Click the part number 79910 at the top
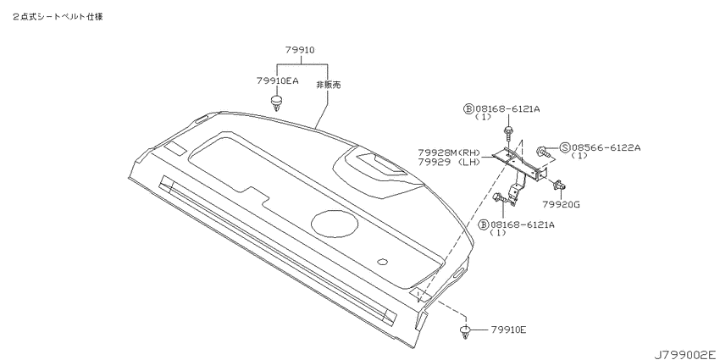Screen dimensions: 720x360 pyautogui.click(x=300, y=50)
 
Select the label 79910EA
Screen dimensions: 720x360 pyautogui.click(x=277, y=80)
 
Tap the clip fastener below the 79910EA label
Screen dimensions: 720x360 pyautogui.click(x=276, y=102)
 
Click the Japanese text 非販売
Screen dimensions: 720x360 pyautogui.click(x=329, y=85)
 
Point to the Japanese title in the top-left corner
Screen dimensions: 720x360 pyautogui.click(x=58, y=17)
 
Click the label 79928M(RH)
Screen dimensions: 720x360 pyautogui.click(x=449, y=152)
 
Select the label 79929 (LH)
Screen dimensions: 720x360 pyautogui.click(x=449, y=161)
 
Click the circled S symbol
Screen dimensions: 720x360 pyautogui.click(x=565, y=147)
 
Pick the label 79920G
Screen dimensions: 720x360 pyautogui.click(x=561, y=205)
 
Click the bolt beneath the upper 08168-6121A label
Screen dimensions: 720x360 pyautogui.click(x=508, y=133)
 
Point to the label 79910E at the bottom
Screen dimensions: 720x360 pyautogui.click(x=508, y=330)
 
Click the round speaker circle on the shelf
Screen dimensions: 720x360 pyautogui.click(x=335, y=223)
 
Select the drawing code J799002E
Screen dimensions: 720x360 pyautogui.click(x=685, y=354)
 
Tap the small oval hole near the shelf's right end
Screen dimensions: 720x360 pyautogui.click(x=382, y=263)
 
